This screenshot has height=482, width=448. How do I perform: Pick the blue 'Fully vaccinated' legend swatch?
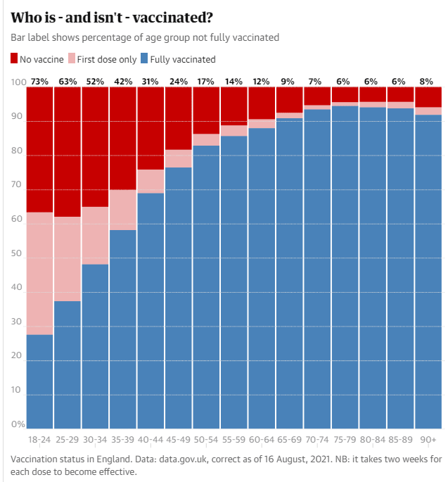(x=145, y=59)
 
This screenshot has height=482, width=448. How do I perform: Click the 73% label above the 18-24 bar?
(x=39, y=82)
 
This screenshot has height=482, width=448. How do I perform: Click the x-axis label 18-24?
(x=39, y=439)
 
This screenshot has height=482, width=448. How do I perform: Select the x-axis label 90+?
(x=428, y=439)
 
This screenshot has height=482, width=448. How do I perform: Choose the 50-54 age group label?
(x=205, y=439)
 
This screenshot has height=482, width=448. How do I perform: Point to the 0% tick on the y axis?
(x=17, y=424)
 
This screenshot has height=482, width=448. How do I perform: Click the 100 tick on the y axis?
(x=18, y=83)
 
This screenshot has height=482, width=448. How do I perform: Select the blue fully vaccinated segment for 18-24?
(x=39, y=380)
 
